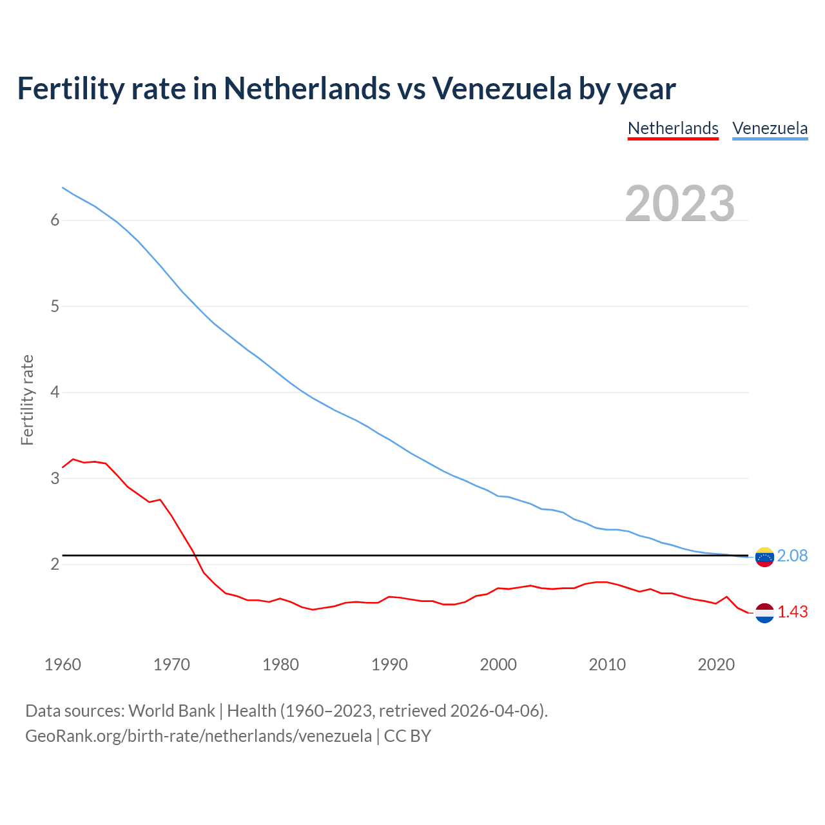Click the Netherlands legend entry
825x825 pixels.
click(x=673, y=128)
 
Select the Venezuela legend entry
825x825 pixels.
click(x=770, y=128)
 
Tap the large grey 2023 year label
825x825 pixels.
click(x=680, y=204)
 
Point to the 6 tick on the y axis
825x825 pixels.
click(x=55, y=220)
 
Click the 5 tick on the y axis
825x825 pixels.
click(x=55, y=306)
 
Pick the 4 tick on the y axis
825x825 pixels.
click(x=55, y=392)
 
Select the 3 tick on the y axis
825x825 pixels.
click(x=55, y=478)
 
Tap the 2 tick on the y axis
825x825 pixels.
click(x=55, y=564)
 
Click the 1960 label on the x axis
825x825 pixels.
click(x=63, y=665)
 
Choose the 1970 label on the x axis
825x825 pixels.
click(x=171, y=665)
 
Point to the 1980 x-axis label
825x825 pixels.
click(x=280, y=665)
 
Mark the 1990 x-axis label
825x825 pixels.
click(x=389, y=665)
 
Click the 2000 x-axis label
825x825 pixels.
click(x=498, y=665)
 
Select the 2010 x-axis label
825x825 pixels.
click(x=607, y=665)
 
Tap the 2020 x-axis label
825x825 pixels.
click(x=716, y=665)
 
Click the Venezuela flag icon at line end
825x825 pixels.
click(x=764, y=557)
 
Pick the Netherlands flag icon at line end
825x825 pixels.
click(x=764, y=613)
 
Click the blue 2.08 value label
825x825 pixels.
click(x=792, y=556)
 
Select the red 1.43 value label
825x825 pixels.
click(x=792, y=612)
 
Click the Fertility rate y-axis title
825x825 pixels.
click(x=27, y=400)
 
